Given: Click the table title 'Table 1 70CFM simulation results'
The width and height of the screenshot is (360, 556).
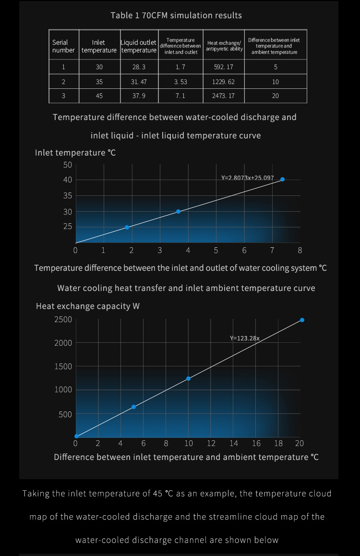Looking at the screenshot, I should [x=176, y=15].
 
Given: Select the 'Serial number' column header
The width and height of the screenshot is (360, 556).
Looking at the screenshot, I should [x=63, y=46].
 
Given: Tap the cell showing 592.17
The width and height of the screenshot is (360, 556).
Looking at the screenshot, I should [x=223, y=67].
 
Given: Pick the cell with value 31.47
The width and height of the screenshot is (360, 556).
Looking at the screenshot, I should [x=139, y=82].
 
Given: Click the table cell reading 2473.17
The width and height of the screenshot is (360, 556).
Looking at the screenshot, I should [x=223, y=96].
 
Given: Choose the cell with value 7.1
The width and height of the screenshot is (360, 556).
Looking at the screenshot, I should [x=180, y=96].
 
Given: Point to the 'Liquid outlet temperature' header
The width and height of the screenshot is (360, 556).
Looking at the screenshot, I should [x=139, y=46].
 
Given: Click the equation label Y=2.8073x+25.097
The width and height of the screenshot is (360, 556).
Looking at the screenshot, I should [x=247, y=178].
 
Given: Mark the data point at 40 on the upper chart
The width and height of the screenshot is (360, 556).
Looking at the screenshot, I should [x=282, y=179].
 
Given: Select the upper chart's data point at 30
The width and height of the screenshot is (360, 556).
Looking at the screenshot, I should [x=178, y=211].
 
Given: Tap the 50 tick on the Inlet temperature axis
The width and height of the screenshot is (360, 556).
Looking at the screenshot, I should [x=67, y=165].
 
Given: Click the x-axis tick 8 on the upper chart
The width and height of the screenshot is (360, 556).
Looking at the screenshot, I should [x=300, y=250].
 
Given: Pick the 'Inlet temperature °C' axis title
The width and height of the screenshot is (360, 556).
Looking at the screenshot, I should [x=75, y=153].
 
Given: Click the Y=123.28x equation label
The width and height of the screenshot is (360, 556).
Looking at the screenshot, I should [x=244, y=338].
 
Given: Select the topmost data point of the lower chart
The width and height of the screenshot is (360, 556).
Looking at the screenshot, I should [x=302, y=320].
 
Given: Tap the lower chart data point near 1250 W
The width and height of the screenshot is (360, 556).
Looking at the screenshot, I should [x=188, y=378].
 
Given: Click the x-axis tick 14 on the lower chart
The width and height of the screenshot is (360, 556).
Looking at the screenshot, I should [x=233, y=443].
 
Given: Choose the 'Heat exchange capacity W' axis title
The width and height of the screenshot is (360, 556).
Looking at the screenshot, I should [x=88, y=306].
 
